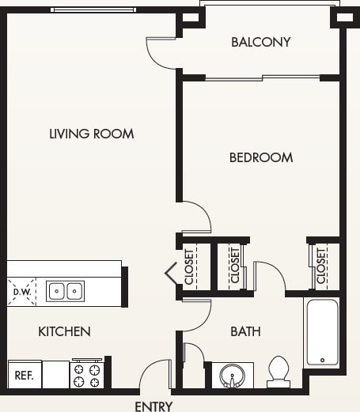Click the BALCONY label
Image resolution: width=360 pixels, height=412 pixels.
coord(260,42)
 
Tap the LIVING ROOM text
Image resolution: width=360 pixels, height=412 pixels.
coord(91,134)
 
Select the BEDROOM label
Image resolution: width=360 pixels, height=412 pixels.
coord(261,157)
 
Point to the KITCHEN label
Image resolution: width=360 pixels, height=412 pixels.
coord(64,331)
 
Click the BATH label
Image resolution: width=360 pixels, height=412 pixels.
coord(245,331)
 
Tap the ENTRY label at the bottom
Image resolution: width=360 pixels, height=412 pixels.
coord(153,406)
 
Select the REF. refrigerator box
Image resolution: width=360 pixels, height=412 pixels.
coord(24,375)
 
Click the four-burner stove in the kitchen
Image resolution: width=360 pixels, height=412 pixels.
coord(87,375)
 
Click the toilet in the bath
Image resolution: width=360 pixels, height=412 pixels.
coord(279,372)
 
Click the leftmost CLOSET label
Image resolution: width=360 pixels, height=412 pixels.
coord(190,266)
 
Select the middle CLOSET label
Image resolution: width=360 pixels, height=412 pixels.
coord(234,266)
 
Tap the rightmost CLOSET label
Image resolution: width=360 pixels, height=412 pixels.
coord(322,266)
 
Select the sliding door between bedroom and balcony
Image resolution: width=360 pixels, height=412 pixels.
coord(263,77)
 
